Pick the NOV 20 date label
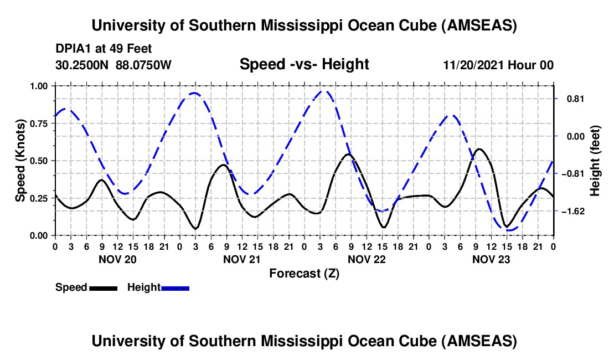(117, 259)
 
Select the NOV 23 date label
(491, 259)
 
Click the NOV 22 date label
(366, 259)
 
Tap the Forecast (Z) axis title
(304, 273)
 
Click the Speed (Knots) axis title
(20, 161)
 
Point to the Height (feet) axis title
(595, 161)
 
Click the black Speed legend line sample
(102, 287)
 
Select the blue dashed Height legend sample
(175, 287)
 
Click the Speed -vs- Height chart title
(304, 64)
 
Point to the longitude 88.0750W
(144, 65)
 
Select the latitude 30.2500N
(82, 65)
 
